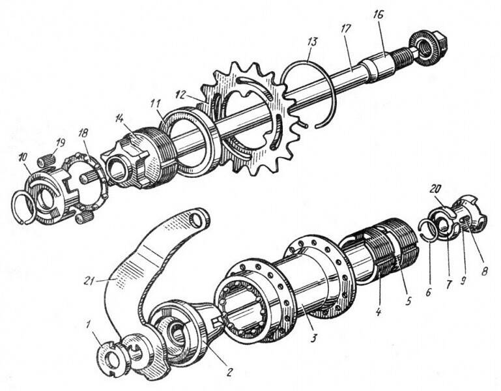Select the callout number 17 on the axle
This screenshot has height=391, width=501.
345,29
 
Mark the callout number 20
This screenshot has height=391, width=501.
436,188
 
